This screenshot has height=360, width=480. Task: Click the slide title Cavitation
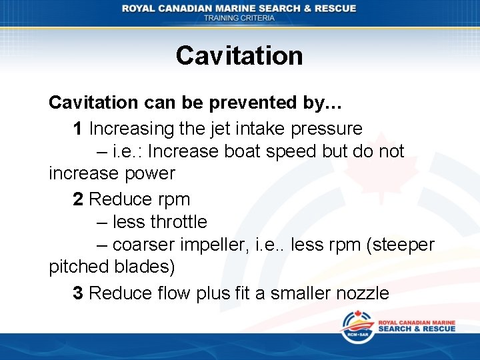(x=239, y=55)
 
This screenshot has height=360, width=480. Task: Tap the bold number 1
(x=78, y=128)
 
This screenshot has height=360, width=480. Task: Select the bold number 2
(x=78, y=199)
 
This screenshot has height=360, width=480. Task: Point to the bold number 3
(x=78, y=293)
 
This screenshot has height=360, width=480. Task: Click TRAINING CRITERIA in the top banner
(x=239, y=19)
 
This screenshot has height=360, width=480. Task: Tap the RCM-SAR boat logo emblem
(x=357, y=327)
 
